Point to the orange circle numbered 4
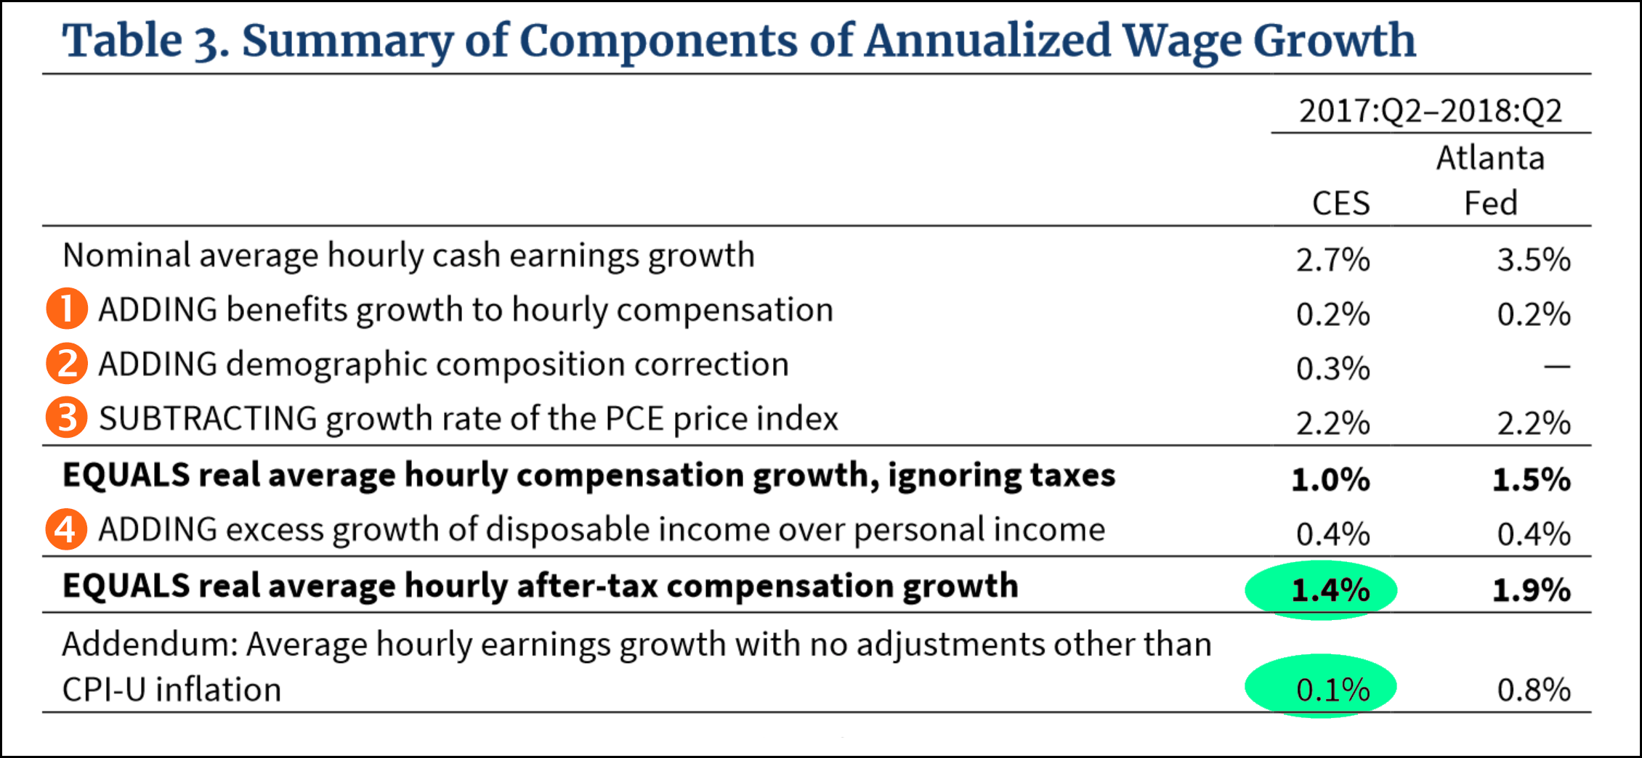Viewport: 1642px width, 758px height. click(x=67, y=529)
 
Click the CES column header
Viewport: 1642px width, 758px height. click(x=1340, y=203)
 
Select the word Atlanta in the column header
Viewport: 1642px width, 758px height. click(x=1490, y=158)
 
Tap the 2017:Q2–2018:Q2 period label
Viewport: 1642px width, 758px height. click(x=1430, y=111)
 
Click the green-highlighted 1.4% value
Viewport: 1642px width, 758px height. click(x=1330, y=590)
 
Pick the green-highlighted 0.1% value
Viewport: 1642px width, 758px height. click(x=1332, y=689)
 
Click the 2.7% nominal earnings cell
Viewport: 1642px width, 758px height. click(x=1332, y=259)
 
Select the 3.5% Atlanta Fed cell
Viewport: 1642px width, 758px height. click(x=1534, y=259)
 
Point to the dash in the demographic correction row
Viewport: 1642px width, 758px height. click(x=1556, y=367)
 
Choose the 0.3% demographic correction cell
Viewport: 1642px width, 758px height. click(x=1332, y=368)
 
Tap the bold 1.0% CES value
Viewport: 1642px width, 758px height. click(x=1330, y=479)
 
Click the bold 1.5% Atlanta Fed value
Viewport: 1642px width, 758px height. click(x=1532, y=479)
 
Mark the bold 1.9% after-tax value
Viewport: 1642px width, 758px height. click(x=1532, y=590)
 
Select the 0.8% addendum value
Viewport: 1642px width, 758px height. click(x=1534, y=689)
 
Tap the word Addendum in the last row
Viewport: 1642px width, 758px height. click(x=150, y=645)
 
